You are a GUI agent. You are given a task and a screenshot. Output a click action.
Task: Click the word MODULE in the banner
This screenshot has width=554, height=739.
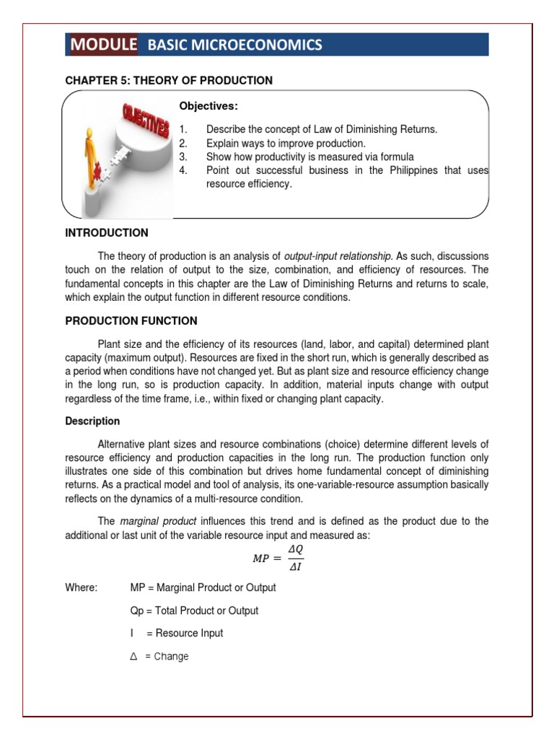[104, 45]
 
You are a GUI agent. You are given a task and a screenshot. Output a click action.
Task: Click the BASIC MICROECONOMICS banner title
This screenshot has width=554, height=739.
[234, 45]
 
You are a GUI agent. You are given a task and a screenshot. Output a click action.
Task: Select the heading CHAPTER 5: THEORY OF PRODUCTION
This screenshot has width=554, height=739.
[169, 81]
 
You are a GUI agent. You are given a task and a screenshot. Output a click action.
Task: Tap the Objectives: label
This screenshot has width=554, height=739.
[208, 106]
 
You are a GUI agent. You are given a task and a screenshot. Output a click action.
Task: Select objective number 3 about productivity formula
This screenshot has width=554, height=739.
[310, 157]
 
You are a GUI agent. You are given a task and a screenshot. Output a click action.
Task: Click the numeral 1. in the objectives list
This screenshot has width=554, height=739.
[183, 129]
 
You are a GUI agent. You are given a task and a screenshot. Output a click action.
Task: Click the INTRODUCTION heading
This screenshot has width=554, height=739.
[107, 233]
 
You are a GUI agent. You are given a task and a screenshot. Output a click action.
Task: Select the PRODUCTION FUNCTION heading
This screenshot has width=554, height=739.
[131, 321]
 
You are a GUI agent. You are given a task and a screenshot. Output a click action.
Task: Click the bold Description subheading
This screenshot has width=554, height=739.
[92, 421]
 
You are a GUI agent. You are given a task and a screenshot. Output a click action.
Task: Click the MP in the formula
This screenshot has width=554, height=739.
[260, 559]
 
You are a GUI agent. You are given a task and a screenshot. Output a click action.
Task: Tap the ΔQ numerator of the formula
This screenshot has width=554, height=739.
[295, 550]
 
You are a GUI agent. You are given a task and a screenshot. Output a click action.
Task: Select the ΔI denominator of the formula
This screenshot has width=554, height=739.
[294, 568]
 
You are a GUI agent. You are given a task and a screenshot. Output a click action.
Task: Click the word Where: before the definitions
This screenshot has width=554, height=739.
[81, 587]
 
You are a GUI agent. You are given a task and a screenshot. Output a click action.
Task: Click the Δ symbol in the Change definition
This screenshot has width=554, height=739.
[133, 656]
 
